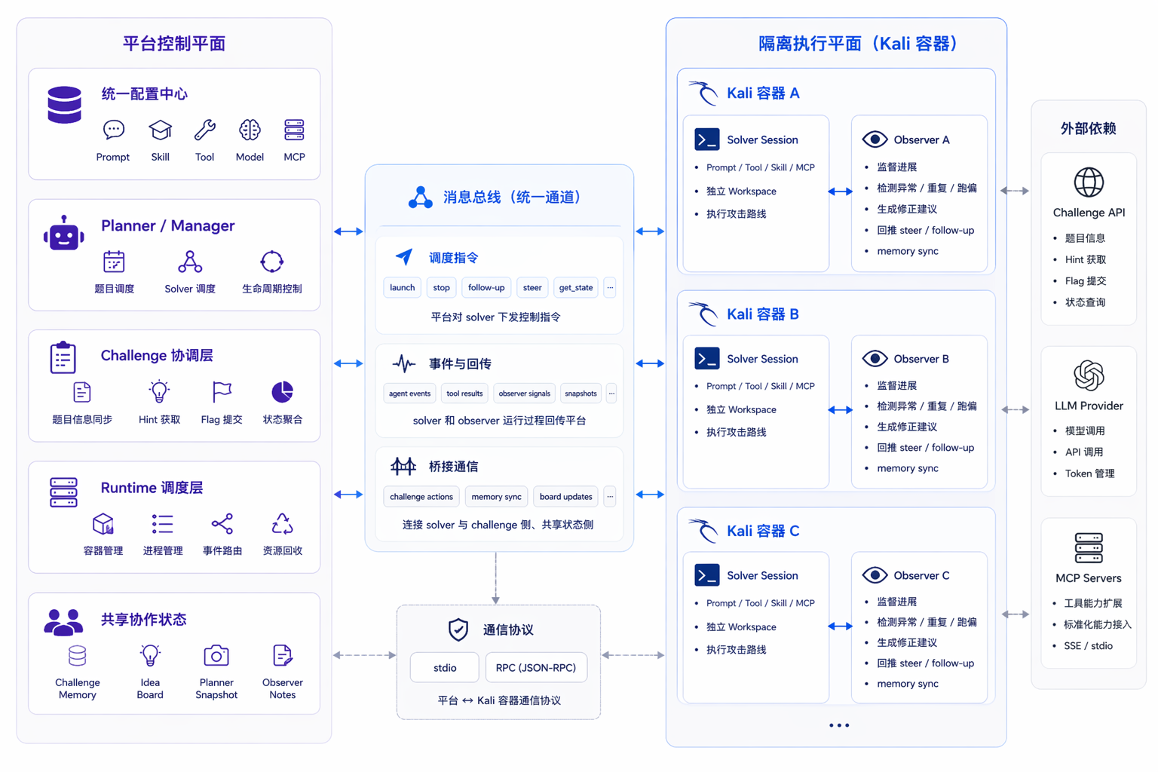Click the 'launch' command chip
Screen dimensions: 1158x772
tap(402, 287)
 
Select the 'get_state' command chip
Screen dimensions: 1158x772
tap(576, 287)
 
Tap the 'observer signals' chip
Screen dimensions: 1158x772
tap(524, 394)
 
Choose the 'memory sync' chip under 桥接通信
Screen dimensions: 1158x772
tap(496, 496)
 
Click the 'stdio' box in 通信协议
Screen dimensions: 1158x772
tap(445, 667)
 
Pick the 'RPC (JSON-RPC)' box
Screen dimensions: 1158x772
tap(536, 667)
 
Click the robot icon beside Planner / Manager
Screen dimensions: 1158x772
tap(64, 233)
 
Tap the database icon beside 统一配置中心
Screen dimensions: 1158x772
tap(65, 105)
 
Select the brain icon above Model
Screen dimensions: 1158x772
tap(250, 130)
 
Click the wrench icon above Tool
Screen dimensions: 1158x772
tap(205, 130)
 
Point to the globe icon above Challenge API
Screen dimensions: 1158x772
tap(1089, 182)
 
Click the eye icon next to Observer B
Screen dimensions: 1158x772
tap(875, 358)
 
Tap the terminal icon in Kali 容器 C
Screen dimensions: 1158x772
tap(706, 575)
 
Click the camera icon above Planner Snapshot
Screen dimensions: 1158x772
tap(216, 656)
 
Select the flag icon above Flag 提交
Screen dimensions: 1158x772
tap(222, 392)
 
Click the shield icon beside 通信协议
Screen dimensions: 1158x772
tap(458, 630)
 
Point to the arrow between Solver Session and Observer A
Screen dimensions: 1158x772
tap(840, 191)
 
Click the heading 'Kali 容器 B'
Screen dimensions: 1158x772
tap(762, 314)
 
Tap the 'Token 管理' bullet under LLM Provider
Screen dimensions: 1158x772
tap(1089, 473)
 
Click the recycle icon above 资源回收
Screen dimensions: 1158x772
tap(282, 524)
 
